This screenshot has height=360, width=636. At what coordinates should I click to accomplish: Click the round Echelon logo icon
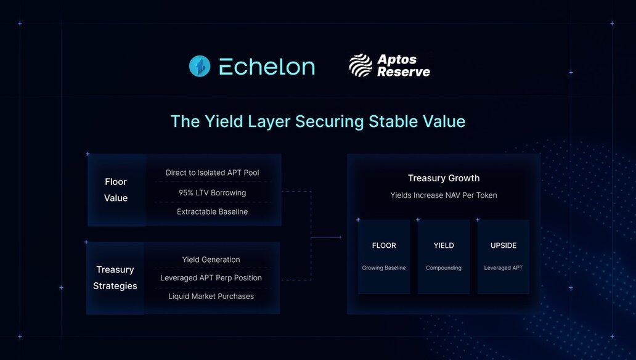pyautogui.click(x=200, y=66)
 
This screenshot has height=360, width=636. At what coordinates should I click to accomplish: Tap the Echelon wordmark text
pyautogui.click(x=267, y=67)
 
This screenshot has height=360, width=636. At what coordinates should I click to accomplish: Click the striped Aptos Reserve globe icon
pyautogui.click(x=361, y=65)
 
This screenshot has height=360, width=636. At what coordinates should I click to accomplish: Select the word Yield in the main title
pyautogui.click(x=224, y=121)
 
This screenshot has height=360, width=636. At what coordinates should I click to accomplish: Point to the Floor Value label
pyautogui.click(x=116, y=190)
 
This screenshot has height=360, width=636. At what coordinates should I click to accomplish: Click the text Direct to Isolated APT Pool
pyautogui.click(x=212, y=173)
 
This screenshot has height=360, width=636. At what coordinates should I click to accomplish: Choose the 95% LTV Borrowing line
pyautogui.click(x=212, y=193)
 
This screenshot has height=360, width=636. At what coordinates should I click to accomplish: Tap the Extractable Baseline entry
pyautogui.click(x=212, y=211)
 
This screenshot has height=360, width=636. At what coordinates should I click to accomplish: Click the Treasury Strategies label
pyautogui.click(x=115, y=277)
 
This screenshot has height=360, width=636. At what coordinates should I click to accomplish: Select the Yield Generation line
pyautogui.click(x=211, y=260)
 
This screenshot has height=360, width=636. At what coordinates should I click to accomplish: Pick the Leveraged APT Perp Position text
pyautogui.click(x=211, y=277)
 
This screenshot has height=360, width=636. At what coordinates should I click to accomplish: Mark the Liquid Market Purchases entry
pyautogui.click(x=211, y=297)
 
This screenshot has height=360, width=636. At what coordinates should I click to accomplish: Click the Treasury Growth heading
pyautogui.click(x=444, y=178)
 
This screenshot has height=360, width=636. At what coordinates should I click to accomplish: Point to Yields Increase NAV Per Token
pyautogui.click(x=444, y=195)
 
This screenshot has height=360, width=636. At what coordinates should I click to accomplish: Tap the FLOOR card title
pyautogui.click(x=384, y=245)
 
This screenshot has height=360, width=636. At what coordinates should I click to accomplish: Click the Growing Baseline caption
pyautogui.click(x=384, y=268)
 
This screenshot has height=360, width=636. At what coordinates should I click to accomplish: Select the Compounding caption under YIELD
pyautogui.click(x=444, y=268)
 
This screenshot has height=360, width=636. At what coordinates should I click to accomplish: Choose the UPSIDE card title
pyautogui.click(x=503, y=245)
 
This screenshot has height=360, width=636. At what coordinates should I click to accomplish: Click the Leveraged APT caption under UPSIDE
pyautogui.click(x=503, y=268)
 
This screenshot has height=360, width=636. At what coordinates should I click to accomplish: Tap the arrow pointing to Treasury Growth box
pyautogui.click(x=327, y=237)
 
